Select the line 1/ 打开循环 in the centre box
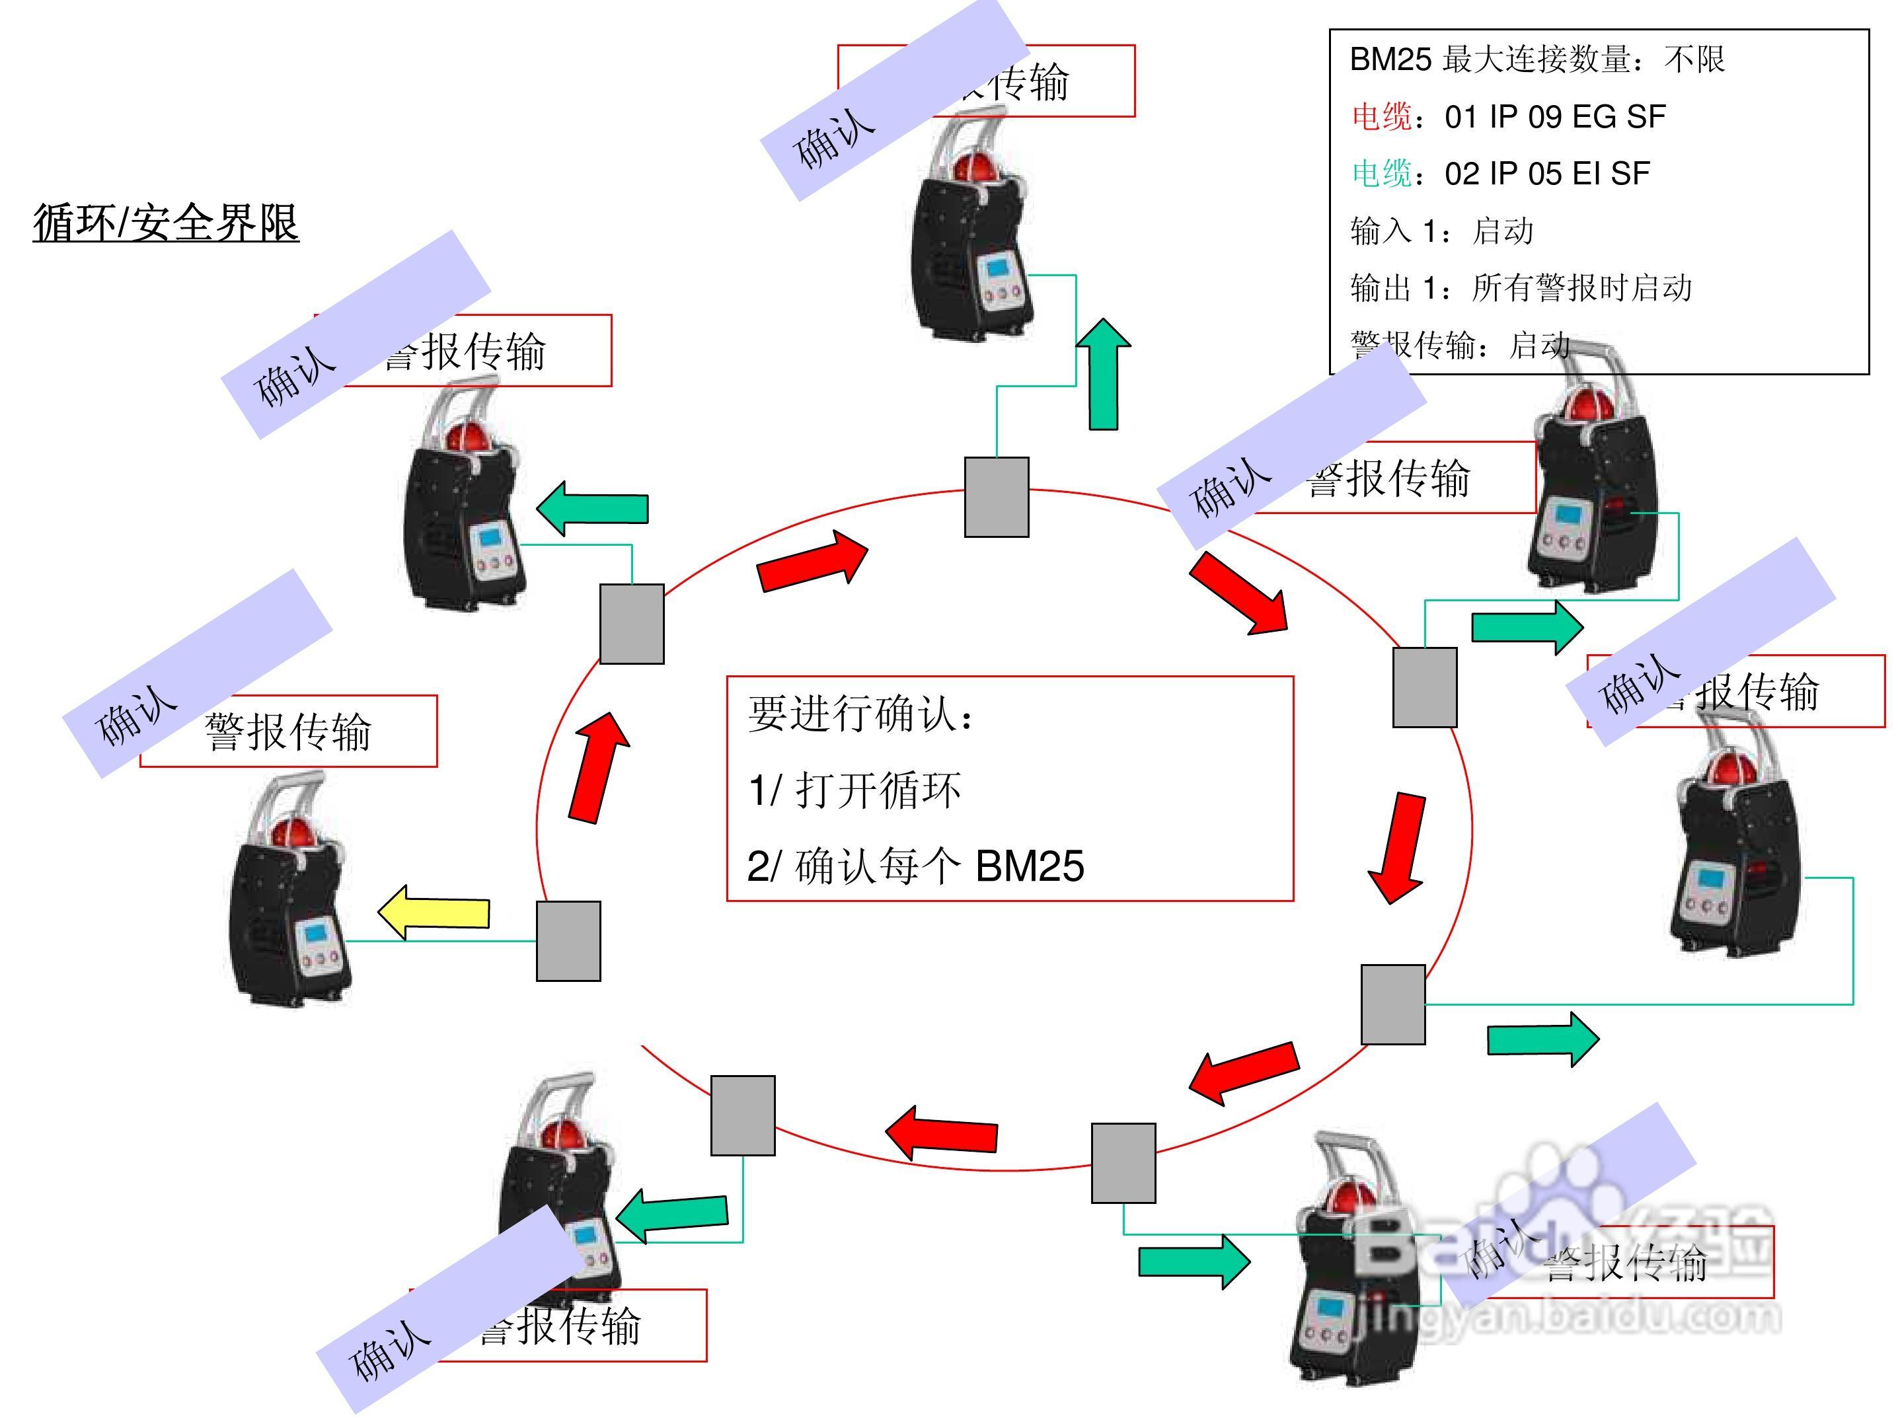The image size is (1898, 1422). (854, 790)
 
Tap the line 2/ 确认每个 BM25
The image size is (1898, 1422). (915, 866)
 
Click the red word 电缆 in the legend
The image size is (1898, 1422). (1381, 117)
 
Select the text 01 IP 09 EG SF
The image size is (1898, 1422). (1555, 117)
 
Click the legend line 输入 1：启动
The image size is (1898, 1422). (1441, 231)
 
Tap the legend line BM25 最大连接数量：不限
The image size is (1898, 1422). (1537, 59)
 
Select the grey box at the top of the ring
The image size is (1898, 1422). (996, 497)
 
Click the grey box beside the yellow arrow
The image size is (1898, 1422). (568, 940)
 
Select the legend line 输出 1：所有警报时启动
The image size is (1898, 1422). (1521, 288)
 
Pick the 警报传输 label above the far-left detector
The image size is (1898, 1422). (288, 731)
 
